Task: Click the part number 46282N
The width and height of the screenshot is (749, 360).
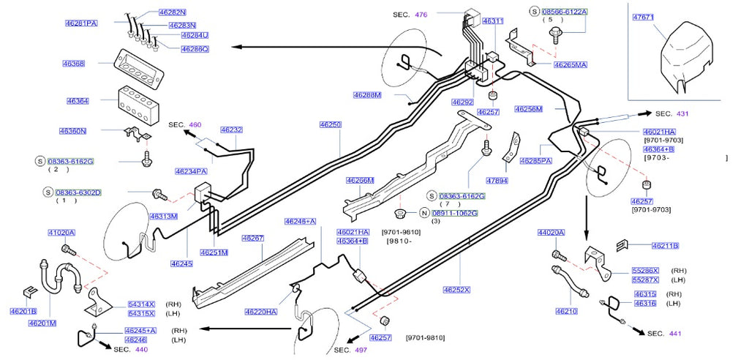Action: pos(173,13)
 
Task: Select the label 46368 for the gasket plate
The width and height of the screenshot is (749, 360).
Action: pos(75,64)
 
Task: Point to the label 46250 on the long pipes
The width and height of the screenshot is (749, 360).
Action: pos(330,125)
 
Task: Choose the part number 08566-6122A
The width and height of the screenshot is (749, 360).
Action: pos(564,12)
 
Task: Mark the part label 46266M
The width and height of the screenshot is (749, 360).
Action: pos(360,181)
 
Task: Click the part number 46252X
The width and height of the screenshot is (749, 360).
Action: pos(456,290)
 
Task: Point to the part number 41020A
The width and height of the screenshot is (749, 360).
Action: pos(61,233)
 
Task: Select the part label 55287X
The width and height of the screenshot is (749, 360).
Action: pos(645,280)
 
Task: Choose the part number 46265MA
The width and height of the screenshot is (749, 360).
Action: pos(571,65)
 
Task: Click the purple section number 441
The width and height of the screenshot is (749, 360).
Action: pos(675,334)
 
